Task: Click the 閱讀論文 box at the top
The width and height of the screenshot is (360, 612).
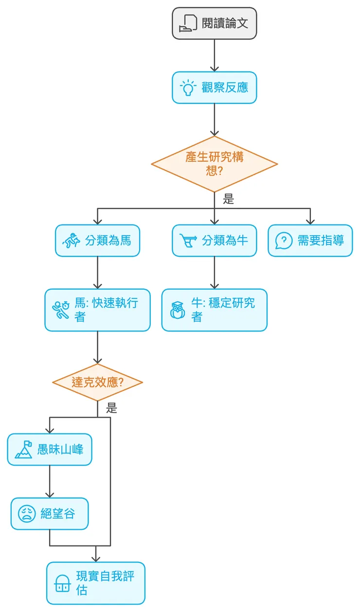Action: (x=214, y=23)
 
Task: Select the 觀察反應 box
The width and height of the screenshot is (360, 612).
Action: (x=214, y=87)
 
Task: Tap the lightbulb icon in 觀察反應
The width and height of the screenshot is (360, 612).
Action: (x=187, y=88)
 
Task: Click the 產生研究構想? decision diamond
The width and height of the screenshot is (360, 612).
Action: (x=214, y=164)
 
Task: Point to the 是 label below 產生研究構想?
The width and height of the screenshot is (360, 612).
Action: (x=228, y=199)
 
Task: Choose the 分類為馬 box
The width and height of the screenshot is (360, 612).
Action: (x=97, y=240)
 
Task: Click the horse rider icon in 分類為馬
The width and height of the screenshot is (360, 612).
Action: (x=71, y=241)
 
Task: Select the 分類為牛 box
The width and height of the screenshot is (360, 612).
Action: (x=214, y=240)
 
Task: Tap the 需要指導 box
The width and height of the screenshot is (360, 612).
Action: (x=310, y=240)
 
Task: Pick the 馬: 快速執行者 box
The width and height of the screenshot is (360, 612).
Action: (x=97, y=310)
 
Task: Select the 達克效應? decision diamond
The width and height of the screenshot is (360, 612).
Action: (x=97, y=382)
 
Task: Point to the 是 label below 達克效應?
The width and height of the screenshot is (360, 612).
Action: (x=112, y=408)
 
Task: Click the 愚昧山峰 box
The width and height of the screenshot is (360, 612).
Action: (x=50, y=449)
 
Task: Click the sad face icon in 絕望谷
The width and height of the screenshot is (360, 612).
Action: (x=27, y=514)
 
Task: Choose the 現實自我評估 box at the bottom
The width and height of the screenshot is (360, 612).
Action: (x=96, y=583)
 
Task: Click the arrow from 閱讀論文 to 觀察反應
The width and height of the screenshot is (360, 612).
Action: (x=214, y=55)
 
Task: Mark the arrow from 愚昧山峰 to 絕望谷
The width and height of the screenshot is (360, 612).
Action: (x=50, y=481)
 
